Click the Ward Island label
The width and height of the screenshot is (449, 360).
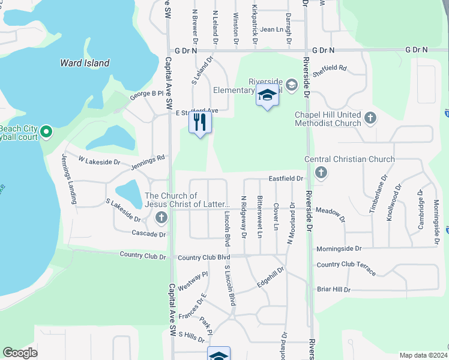tap(85, 63)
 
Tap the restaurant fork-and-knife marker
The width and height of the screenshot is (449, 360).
tap(200, 123)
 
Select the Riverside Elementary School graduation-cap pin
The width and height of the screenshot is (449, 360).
tap(267, 96)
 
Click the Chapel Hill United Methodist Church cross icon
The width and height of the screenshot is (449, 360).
tap(370, 118)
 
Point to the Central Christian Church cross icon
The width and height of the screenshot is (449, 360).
tap(321, 173)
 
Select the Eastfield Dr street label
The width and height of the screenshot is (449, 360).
tap(286, 179)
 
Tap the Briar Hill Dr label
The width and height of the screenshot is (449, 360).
tap(333, 289)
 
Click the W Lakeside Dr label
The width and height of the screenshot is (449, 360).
tap(99, 161)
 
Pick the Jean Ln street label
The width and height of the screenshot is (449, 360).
tap(271, 29)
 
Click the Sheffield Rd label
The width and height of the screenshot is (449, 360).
tap(330, 68)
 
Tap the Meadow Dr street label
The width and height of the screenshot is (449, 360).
tap(330, 212)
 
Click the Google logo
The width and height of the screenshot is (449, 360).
tap(20, 353)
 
